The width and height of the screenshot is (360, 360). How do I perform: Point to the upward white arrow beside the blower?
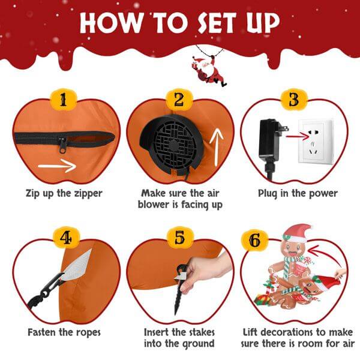[216, 146]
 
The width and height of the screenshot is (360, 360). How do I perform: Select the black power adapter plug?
[265, 143]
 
